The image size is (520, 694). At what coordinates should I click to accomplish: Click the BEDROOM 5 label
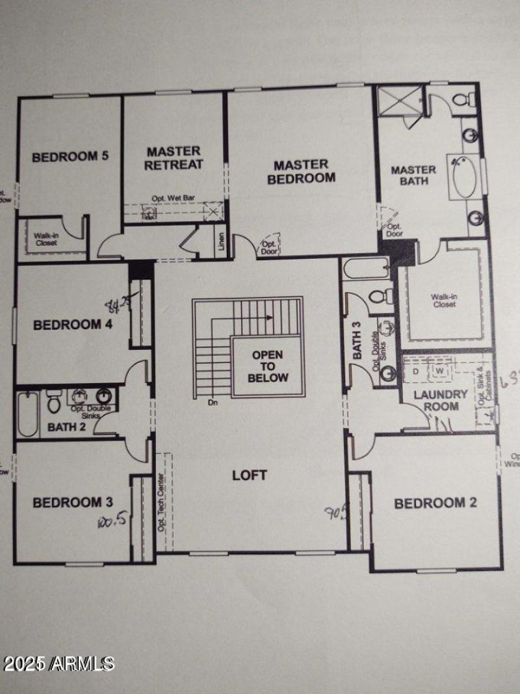70,156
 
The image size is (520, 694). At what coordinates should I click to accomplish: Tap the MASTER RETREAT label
174,158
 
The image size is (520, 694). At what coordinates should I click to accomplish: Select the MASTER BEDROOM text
302,172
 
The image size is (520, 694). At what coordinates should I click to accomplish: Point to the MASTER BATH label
413,176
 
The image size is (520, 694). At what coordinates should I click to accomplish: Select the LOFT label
250,475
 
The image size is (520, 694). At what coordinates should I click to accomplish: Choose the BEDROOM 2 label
430,503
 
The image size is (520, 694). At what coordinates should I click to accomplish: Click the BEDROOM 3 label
73,502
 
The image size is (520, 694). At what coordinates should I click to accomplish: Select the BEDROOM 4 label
73,325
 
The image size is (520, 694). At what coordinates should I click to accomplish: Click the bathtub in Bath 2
27,414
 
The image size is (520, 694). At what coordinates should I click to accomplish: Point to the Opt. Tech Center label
161,501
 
